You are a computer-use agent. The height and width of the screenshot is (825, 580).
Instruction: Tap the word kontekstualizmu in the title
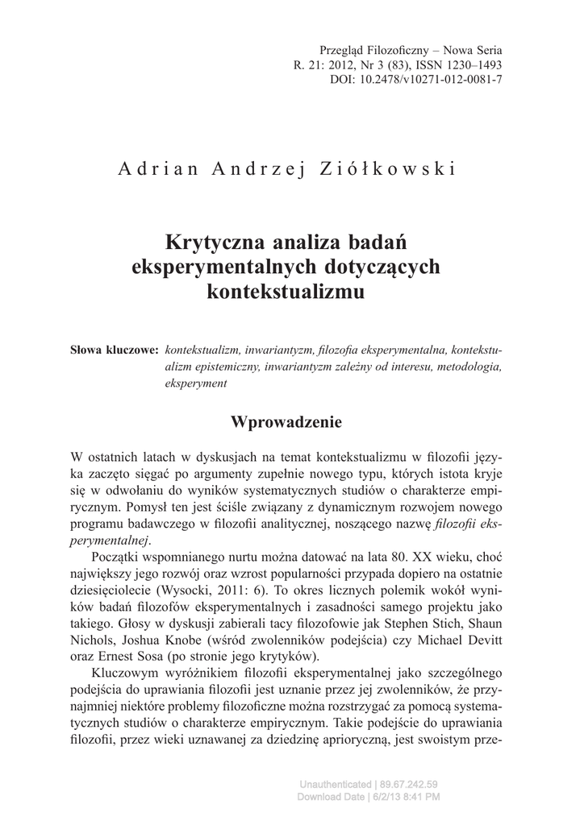(286, 292)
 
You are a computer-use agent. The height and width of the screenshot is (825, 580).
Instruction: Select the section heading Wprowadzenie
(286, 421)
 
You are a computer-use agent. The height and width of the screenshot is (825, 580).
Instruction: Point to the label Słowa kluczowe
(115, 351)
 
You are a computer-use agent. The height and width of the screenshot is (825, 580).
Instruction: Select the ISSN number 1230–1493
(472, 64)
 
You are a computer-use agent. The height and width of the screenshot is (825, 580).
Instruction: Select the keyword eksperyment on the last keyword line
(196, 384)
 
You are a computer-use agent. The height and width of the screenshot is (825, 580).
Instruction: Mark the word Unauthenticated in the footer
(335, 785)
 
